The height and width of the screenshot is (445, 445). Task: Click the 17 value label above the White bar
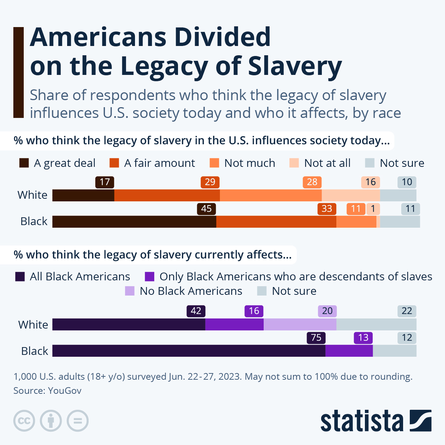pos(105,182)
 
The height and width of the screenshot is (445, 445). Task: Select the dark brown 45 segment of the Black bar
pos(134,221)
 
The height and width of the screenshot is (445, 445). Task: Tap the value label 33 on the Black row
pos(327,209)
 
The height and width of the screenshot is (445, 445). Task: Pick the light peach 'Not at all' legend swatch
pos(294,163)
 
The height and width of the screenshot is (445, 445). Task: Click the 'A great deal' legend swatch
pos(24,163)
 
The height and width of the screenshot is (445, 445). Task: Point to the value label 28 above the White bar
pos(312,182)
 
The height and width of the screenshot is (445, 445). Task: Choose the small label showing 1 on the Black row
pos(373,209)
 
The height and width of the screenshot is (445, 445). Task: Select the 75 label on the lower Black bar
pos(316,337)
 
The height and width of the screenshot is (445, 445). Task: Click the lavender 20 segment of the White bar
pos(300,324)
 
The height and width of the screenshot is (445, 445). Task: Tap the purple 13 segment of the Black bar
pos(349,351)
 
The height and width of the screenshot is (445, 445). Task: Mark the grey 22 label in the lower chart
pos(407,311)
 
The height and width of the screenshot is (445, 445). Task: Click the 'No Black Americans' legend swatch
pos(130,291)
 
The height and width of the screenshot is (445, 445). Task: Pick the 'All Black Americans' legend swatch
pos(20,277)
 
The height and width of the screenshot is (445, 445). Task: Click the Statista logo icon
pos(421,421)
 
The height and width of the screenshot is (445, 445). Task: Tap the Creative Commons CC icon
pos(24,421)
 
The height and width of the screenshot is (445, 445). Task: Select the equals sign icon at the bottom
pos(78,421)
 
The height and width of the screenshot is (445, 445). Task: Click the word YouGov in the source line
pos(65,390)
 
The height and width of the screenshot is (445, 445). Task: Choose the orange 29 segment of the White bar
pos(167,195)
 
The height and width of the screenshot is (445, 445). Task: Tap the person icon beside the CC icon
pos(51,421)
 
